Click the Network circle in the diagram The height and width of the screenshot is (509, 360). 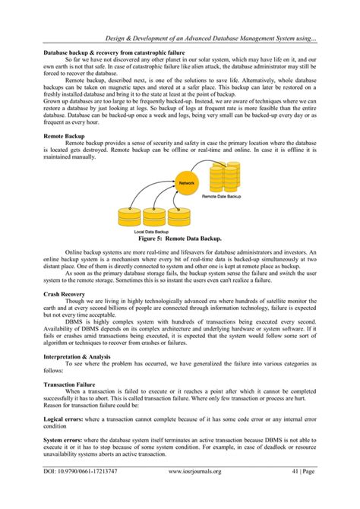tap(187, 183)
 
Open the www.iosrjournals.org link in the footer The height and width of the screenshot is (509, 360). tap(194, 492)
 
